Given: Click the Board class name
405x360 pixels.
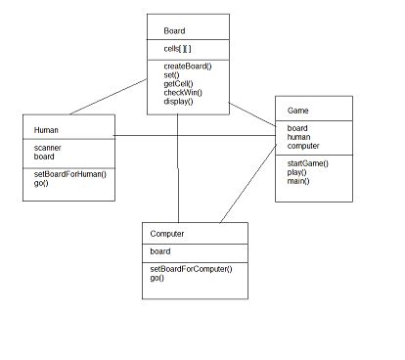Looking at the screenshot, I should [174, 30].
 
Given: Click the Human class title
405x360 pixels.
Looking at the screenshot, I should [46, 129].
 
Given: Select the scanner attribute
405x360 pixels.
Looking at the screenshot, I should [48, 147].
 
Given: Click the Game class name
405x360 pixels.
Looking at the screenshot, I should [298, 111].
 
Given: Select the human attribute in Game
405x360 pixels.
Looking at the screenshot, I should [299, 137].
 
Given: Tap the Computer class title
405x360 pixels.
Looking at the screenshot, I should [167, 235].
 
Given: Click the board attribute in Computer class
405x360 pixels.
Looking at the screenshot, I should [160, 251].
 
